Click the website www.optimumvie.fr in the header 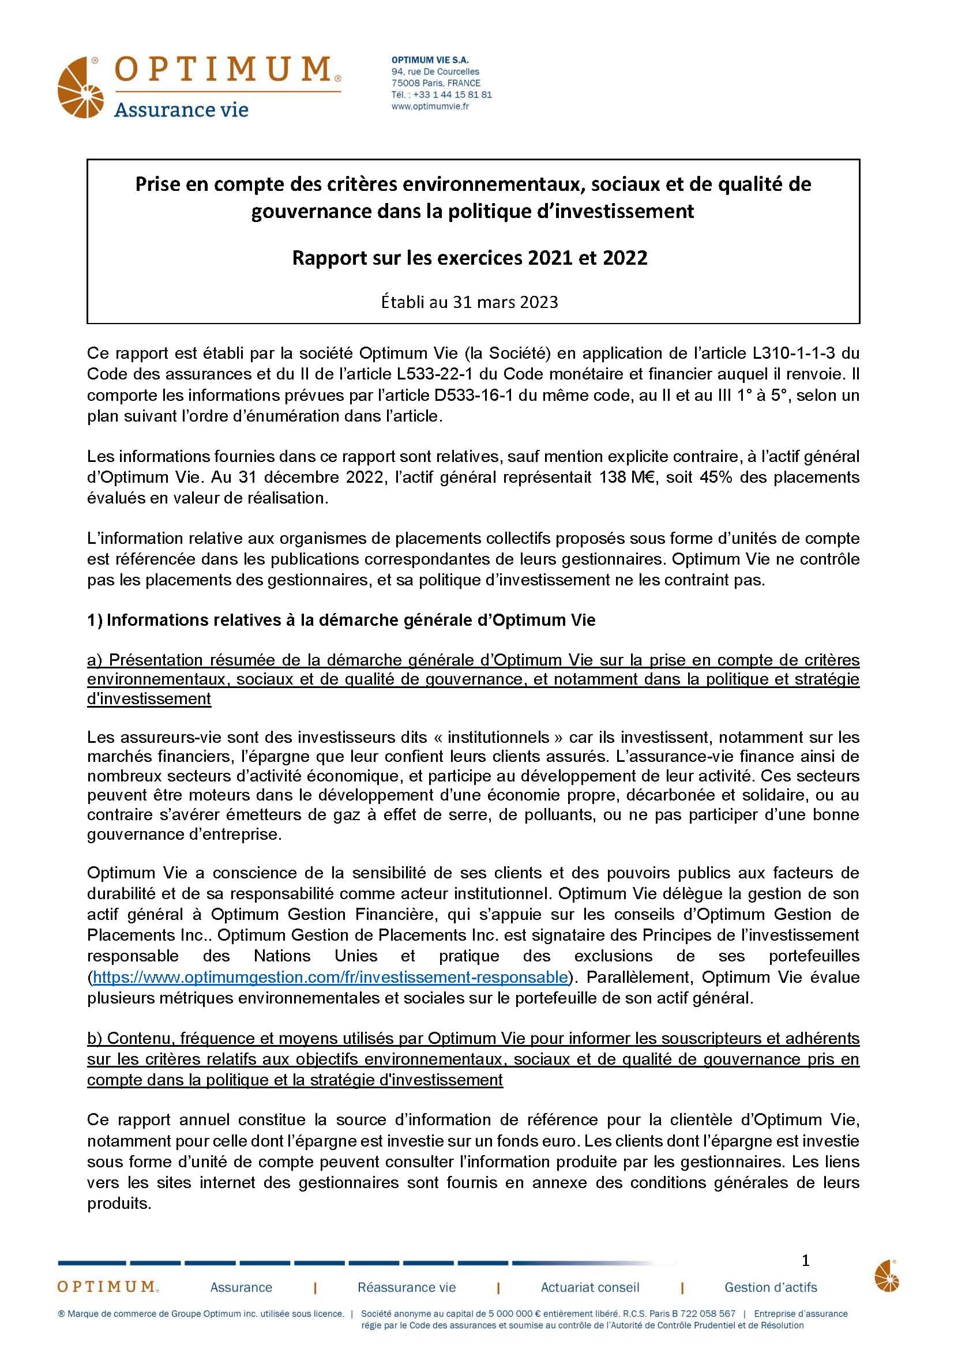430,106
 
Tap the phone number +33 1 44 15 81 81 452,95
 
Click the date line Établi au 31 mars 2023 470,302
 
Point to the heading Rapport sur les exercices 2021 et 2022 470,258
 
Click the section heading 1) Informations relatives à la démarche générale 341,620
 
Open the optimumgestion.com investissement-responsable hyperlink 330,977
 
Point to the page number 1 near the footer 805,1260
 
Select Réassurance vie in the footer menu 407,1287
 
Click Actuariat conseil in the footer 590,1287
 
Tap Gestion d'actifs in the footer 771,1287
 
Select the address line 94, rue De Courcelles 435,72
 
